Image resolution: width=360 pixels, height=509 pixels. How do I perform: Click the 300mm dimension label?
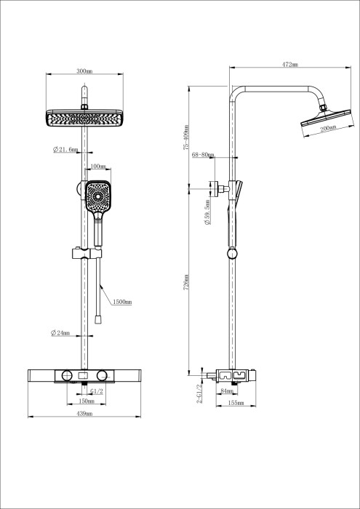pos(84,72)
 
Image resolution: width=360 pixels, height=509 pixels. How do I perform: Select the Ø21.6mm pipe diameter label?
pos(65,151)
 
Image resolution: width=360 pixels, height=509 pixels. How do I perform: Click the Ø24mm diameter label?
pos(60,333)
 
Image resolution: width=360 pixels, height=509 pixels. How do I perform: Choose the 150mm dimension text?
pos(87,401)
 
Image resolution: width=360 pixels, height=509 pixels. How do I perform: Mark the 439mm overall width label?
pos(84,414)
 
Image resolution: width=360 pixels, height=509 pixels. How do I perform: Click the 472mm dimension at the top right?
pos(289,65)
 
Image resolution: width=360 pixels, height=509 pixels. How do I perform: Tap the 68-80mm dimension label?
pos(203,154)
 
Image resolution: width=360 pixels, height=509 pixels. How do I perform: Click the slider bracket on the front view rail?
pos(86,254)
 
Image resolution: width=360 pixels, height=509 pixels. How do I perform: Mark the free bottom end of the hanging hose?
pos(97,319)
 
